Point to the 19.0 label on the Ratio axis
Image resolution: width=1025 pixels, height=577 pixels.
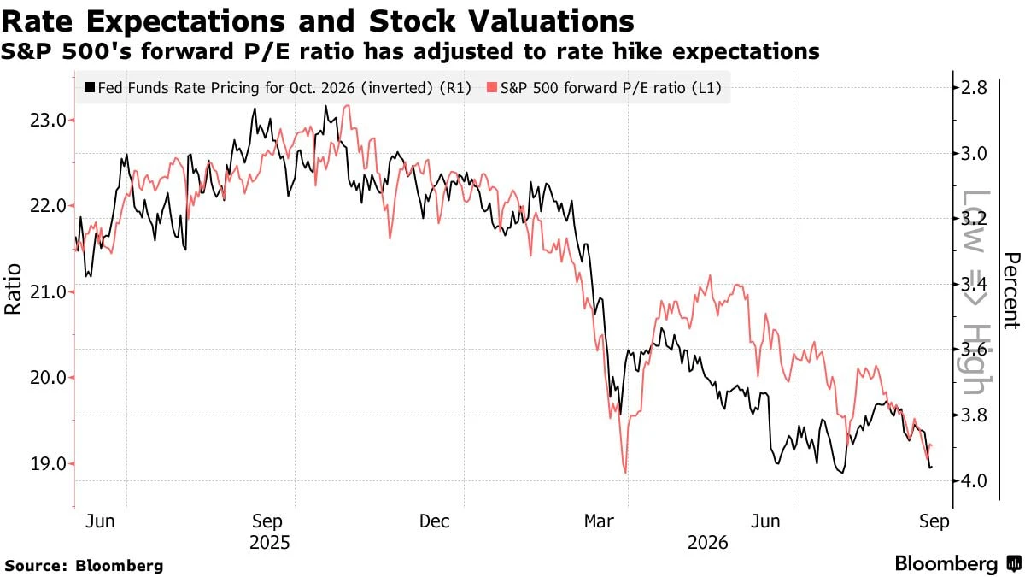pyautogui.click(x=48, y=464)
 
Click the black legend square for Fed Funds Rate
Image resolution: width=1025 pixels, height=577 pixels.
pyautogui.click(x=90, y=87)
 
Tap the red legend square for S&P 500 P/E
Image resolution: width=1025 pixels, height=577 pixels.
pyautogui.click(x=492, y=87)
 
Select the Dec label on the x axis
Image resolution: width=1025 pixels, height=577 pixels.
pyautogui.click(x=434, y=521)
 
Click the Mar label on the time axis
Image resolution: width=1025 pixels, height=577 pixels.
pyautogui.click(x=599, y=521)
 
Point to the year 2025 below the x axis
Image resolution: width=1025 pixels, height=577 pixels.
pyautogui.click(x=270, y=543)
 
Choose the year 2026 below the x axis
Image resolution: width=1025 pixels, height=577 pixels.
pyautogui.click(x=707, y=543)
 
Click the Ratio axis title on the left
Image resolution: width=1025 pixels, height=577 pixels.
pyautogui.click(x=13, y=289)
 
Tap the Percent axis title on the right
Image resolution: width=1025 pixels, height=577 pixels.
pyautogui.click(x=1011, y=291)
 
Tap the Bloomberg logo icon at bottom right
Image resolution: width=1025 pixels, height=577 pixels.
pyautogui.click(x=1014, y=563)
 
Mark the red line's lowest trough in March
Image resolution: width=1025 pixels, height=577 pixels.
pyautogui.click(x=625, y=473)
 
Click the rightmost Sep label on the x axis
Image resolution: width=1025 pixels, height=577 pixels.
pyautogui.click(x=934, y=521)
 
